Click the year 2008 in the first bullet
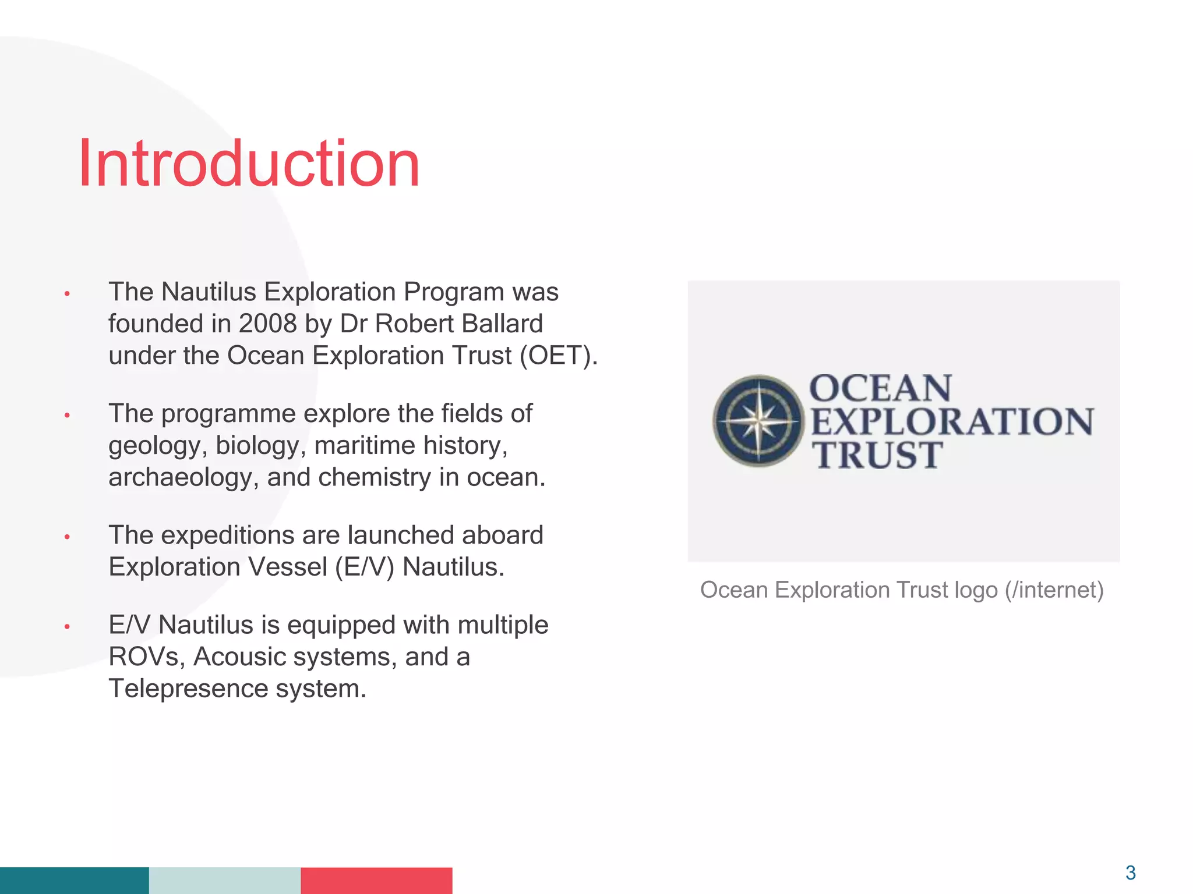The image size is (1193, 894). coord(267,324)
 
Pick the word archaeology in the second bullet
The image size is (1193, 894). coord(182,478)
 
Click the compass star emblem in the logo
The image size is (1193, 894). coord(758,420)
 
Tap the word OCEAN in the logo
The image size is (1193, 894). coord(880,388)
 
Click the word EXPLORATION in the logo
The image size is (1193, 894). coord(952,421)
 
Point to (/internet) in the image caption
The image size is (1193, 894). coord(1054,590)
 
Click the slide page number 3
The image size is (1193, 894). coord(1130,872)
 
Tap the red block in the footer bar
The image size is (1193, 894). coord(376,880)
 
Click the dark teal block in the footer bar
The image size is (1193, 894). coord(74,880)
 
